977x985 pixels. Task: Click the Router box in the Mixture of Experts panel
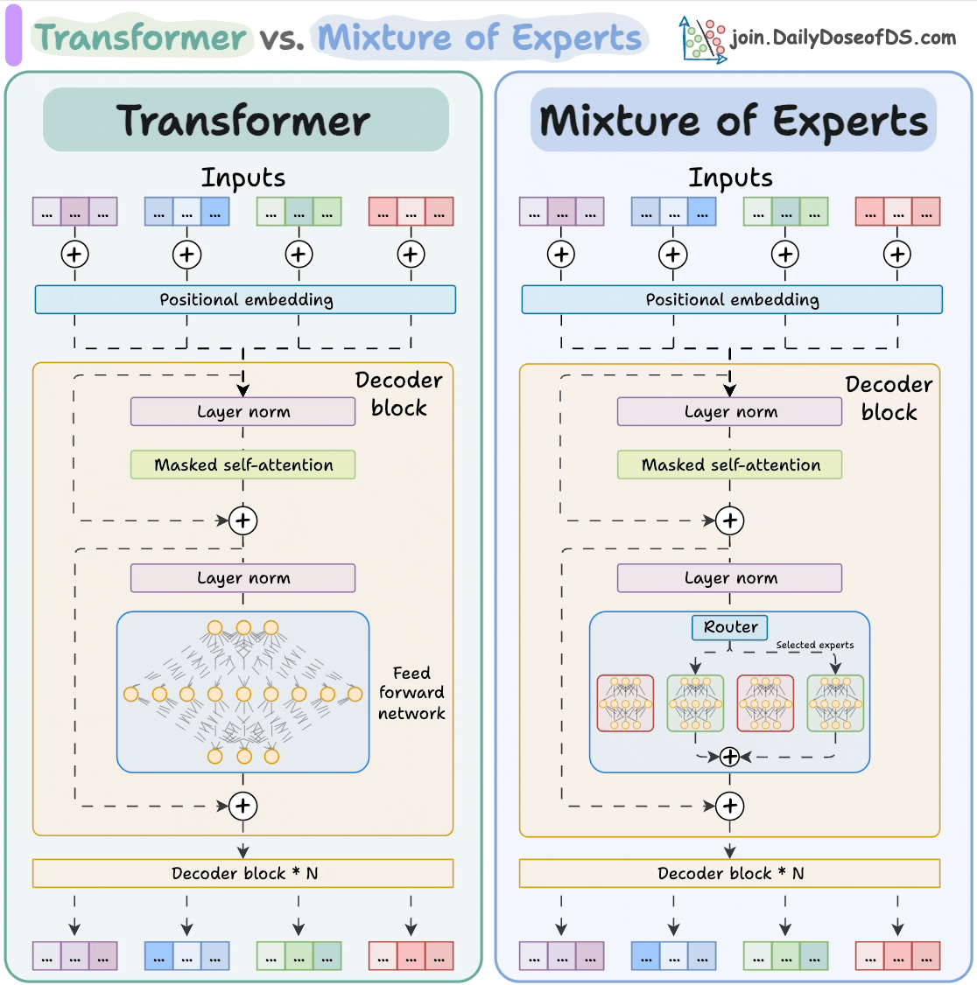tap(730, 627)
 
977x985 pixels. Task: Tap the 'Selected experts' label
tap(814, 645)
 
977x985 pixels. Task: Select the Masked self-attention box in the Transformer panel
tap(243, 465)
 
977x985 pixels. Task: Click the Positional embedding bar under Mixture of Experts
tap(732, 299)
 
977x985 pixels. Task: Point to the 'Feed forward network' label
tap(411, 693)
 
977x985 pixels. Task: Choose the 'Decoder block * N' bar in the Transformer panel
tap(243, 873)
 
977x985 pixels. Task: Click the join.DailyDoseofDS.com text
tap(843, 38)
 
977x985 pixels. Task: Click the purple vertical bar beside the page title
tap(13, 35)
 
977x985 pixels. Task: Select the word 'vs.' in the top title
tap(282, 38)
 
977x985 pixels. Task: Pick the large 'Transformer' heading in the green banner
tap(244, 121)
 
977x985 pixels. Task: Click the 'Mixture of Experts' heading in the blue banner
tap(734, 121)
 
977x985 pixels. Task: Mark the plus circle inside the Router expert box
tap(729, 757)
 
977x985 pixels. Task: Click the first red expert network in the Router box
tap(625, 702)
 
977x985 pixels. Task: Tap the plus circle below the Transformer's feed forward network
tap(243, 806)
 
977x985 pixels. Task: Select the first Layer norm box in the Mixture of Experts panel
tap(730, 411)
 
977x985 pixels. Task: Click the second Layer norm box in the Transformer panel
tap(243, 577)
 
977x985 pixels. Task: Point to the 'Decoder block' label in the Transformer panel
tap(398, 394)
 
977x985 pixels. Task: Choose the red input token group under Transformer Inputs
tap(411, 212)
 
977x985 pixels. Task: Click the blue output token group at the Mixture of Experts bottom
tap(673, 956)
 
